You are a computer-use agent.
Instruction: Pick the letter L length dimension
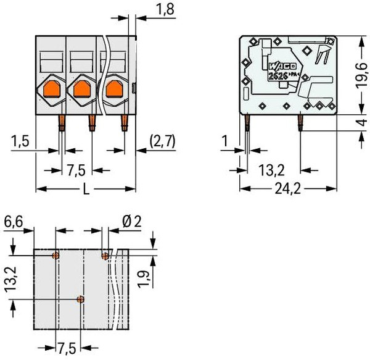tap(86, 190)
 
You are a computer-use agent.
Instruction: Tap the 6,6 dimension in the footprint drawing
tap(13, 221)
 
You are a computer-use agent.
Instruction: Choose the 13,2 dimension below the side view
tap(273, 170)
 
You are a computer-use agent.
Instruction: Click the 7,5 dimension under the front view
tap(76, 170)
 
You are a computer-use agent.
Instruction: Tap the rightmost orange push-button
tap(112, 90)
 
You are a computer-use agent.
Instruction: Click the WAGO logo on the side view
tap(283, 65)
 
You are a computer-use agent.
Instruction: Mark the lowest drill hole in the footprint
tap(80, 299)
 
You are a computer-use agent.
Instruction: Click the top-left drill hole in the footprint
tap(56, 255)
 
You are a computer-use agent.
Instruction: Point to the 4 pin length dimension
tap(360, 122)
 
